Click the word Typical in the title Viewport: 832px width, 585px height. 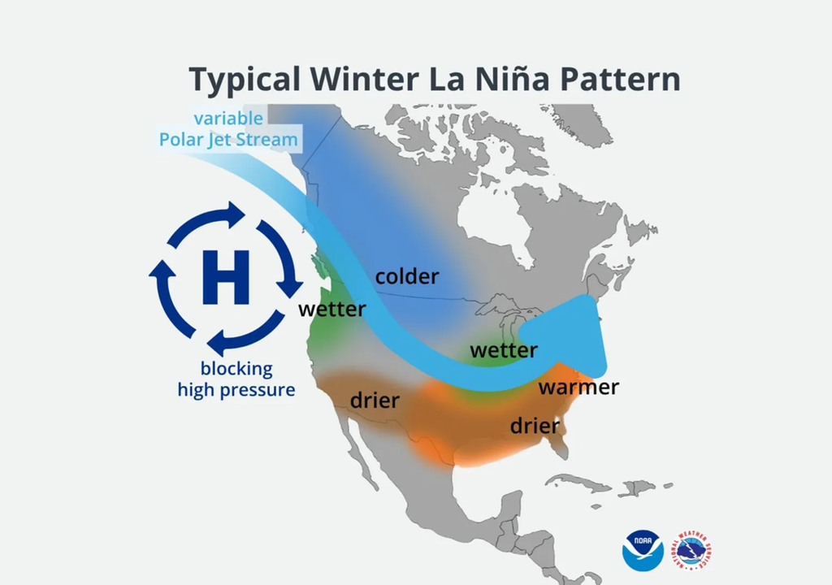pos(241,80)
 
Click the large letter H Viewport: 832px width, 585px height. pos(225,276)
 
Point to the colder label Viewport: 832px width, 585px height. pos(406,276)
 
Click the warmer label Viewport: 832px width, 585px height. pos(578,387)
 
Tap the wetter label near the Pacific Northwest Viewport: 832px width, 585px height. pos(331,310)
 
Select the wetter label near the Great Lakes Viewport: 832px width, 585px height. pos(504,351)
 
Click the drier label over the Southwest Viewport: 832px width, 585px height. pos(375,401)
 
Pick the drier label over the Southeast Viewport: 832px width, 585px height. pos(535,426)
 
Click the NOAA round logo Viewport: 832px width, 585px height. pos(643,549)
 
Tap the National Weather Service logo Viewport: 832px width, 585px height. pos(692,549)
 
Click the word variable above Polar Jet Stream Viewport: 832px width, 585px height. pos(228,119)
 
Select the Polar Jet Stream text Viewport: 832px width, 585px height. pos(228,139)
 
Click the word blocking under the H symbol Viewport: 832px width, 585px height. pos(236,369)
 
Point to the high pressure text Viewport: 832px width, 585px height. pos(236,390)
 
